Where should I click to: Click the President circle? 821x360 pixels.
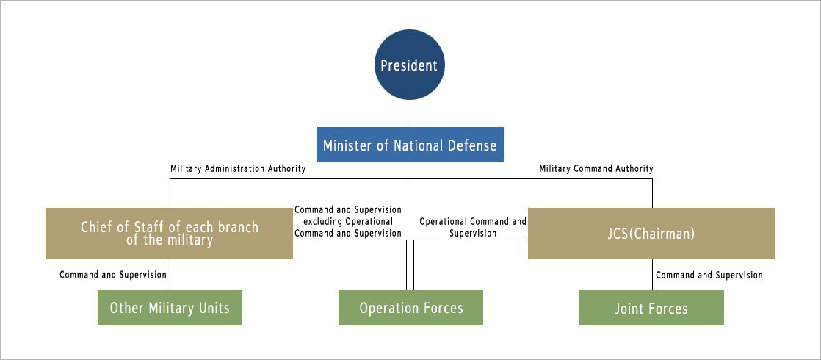tap(410, 65)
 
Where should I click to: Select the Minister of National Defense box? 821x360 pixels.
tap(410, 145)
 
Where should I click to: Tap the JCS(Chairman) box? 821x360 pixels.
tap(651, 234)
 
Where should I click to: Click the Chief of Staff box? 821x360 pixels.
tap(169, 234)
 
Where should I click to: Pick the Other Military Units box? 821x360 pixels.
tap(170, 308)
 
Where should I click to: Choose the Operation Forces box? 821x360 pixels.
tap(410, 308)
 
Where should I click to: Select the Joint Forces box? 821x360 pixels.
tap(651, 308)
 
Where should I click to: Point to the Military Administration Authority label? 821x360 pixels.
tap(238, 169)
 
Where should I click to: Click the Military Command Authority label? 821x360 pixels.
tap(596, 169)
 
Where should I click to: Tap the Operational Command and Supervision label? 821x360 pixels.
tap(473, 228)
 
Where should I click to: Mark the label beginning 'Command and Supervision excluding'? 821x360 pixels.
tap(348, 222)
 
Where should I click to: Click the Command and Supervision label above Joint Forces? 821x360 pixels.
tap(709, 275)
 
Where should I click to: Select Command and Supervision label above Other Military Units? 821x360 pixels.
tap(113, 275)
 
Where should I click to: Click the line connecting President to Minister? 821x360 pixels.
tap(410, 113)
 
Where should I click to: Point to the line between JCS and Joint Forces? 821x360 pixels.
tap(652, 275)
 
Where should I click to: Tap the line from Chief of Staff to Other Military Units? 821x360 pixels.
tap(170, 275)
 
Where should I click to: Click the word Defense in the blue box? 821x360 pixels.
tap(471, 145)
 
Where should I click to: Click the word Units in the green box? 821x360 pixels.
tap(214, 308)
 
